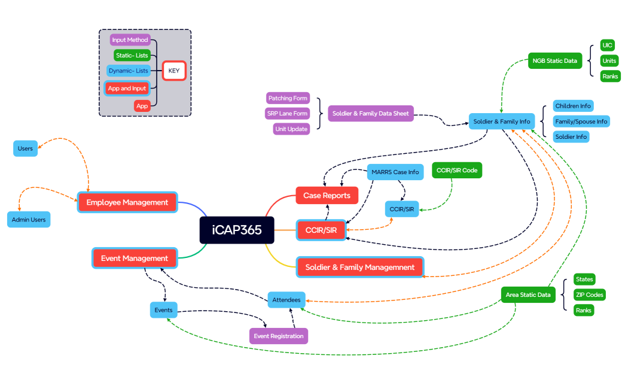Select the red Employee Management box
[127, 202]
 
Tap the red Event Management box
[135, 259]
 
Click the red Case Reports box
[327, 196]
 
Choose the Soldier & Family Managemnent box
[360, 267]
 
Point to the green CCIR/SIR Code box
[457, 171]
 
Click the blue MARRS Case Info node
[395, 172]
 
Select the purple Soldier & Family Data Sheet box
[371, 113]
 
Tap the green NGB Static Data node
[554, 61]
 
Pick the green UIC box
[608, 45]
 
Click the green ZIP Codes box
[589, 295]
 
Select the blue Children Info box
[573, 107]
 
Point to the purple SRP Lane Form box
[288, 114]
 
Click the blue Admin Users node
[29, 220]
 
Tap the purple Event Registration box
[279, 336]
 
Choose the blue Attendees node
[286, 299]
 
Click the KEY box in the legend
[174, 71]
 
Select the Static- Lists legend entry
[132, 56]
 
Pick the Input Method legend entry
[130, 40]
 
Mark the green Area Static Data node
[528, 295]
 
